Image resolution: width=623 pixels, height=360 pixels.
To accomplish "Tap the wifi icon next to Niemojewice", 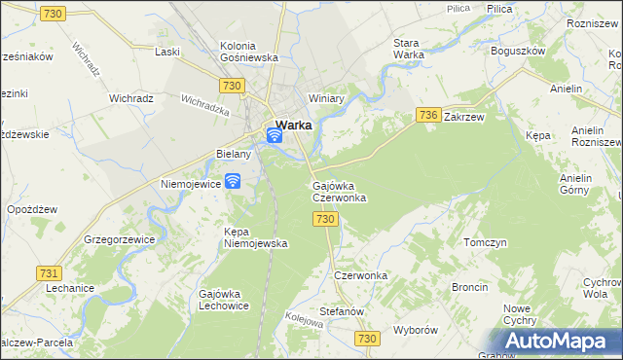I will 233,181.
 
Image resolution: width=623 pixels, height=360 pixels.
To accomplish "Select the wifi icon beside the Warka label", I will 275,135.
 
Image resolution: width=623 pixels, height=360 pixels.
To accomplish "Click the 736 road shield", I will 426,115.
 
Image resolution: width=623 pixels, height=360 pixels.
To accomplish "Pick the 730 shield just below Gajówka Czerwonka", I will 326,220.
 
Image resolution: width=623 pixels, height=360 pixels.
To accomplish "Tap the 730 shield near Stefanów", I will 365,338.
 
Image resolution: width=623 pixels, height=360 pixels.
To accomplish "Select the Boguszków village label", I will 518,51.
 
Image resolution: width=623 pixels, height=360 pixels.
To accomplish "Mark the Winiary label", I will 327,98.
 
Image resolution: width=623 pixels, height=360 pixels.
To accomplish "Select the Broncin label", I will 470,288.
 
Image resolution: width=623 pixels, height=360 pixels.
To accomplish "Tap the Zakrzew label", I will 463,116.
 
